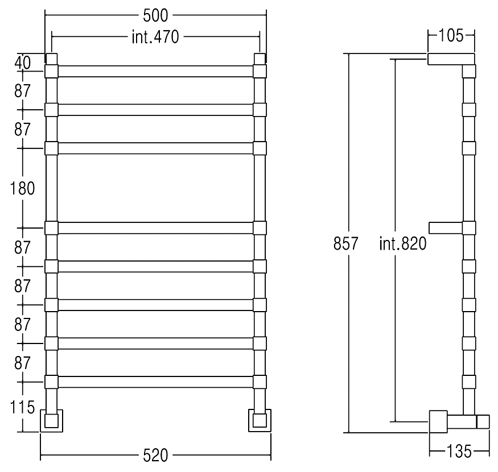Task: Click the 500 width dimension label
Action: tap(155, 15)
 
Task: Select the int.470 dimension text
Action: tap(155, 37)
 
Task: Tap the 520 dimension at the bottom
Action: tap(155, 456)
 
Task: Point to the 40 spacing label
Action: tap(23, 63)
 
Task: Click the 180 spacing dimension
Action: tap(22, 189)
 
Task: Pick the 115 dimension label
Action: tap(22, 407)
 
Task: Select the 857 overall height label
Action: tap(345, 243)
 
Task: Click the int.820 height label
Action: tap(403, 244)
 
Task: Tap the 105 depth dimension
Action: tap(451, 35)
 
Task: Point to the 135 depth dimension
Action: tap(459, 451)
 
